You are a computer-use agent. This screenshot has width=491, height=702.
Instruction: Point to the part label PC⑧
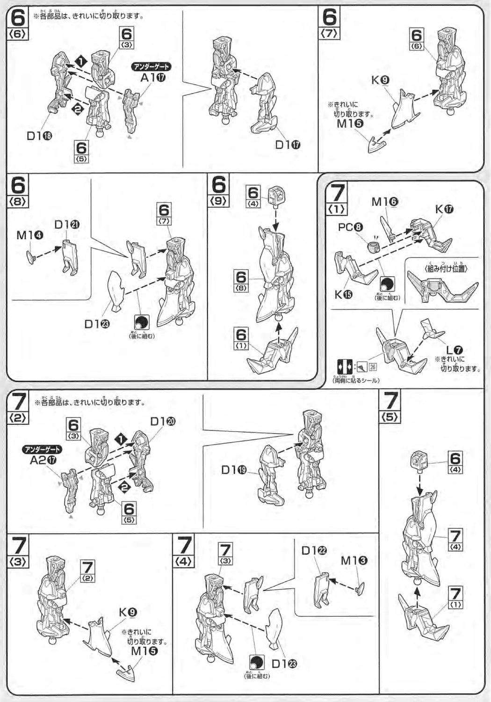click(x=351, y=227)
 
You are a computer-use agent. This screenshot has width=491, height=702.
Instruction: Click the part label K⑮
click(x=343, y=295)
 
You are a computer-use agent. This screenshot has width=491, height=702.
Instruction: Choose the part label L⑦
click(x=454, y=350)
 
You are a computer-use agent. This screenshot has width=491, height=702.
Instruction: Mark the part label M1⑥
click(x=384, y=202)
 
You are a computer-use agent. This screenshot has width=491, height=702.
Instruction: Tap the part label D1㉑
click(x=66, y=225)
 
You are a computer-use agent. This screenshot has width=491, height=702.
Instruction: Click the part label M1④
click(x=29, y=235)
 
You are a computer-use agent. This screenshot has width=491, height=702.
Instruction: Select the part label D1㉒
click(x=314, y=551)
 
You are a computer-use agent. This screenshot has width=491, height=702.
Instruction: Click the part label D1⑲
click(x=234, y=469)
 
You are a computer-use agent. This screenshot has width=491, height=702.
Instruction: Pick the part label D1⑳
click(x=163, y=421)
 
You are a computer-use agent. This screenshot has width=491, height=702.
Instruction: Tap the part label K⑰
click(x=444, y=209)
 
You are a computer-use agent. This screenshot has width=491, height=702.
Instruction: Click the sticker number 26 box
click(x=373, y=367)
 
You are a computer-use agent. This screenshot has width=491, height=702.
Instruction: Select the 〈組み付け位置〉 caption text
click(x=442, y=269)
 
